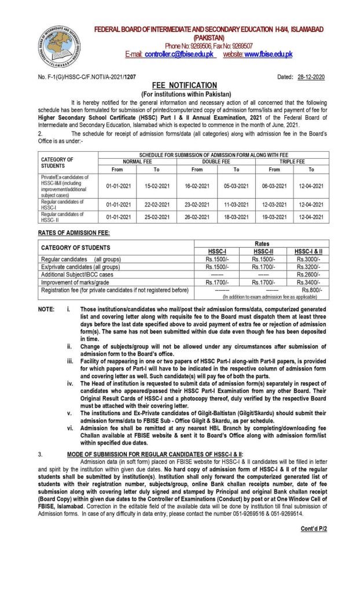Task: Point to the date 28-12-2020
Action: point(312,77)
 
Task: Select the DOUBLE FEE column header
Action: point(217,161)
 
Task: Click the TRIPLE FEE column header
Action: point(292,161)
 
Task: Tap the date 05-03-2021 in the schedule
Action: point(236,186)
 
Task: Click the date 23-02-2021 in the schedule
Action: point(197,204)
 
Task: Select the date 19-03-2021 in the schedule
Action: point(274,215)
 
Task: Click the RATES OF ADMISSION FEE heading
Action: point(74,232)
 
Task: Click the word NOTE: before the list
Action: point(47,309)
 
